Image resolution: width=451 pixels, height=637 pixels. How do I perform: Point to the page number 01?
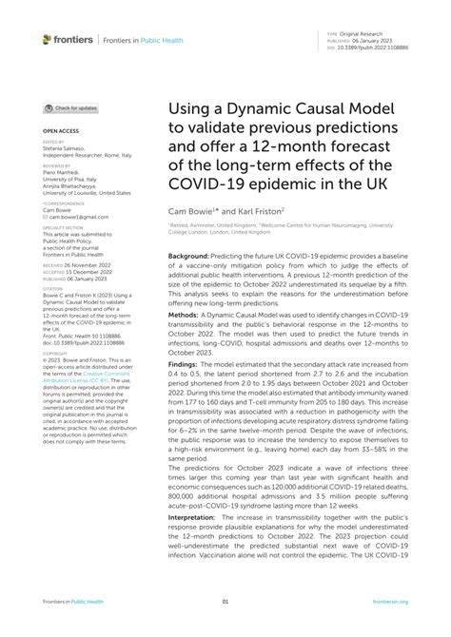point(225,602)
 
